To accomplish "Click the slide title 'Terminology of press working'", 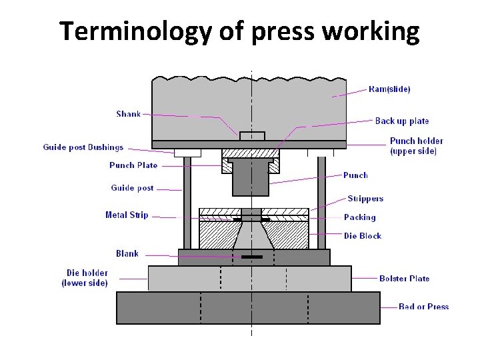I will point(239,31).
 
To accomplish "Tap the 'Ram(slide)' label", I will point(389,89).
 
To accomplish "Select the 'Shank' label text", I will point(129,114).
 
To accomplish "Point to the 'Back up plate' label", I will point(402,121).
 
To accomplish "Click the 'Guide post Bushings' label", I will point(83,147).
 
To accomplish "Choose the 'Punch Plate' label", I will point(133,165).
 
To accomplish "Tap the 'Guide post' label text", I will point(132,188).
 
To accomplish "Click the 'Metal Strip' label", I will point(127,215).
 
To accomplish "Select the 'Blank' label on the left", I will point(127,253).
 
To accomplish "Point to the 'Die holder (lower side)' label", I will point(86,278).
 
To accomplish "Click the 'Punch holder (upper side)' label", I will point(416,146).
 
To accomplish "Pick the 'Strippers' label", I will point(365,199).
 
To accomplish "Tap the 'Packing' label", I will point(359,217).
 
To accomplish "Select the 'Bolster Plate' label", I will point(404,279).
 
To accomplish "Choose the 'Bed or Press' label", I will point(423,307).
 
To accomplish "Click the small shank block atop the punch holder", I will point(252,136).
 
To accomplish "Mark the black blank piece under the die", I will point(252,257).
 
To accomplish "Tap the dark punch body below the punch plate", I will point(251,178).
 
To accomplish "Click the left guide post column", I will point(187,200).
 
